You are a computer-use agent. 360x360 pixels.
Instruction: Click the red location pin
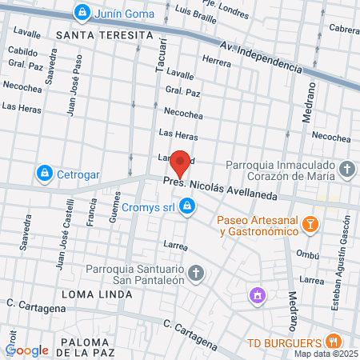(x=181, y=163)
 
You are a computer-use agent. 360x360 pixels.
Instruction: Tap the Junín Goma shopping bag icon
(x=82, y=12)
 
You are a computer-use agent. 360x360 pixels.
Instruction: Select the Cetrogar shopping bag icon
(x=45, y=172)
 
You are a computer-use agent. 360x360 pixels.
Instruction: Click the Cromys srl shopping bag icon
(x=186, y=207)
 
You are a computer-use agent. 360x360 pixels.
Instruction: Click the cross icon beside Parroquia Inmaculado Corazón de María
(x=346, y=170)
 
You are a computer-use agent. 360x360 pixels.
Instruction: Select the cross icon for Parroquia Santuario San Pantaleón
(x=198, y=274)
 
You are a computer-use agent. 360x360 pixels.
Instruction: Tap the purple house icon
(x=257, y=296)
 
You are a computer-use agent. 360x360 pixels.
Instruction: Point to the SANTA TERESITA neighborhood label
(x=104, y=35)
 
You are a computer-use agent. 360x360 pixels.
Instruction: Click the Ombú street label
(x=308, y=254)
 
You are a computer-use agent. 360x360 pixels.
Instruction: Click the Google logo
(x=26, y=350)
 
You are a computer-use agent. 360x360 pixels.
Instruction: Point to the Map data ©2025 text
(x=326, y=354)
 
